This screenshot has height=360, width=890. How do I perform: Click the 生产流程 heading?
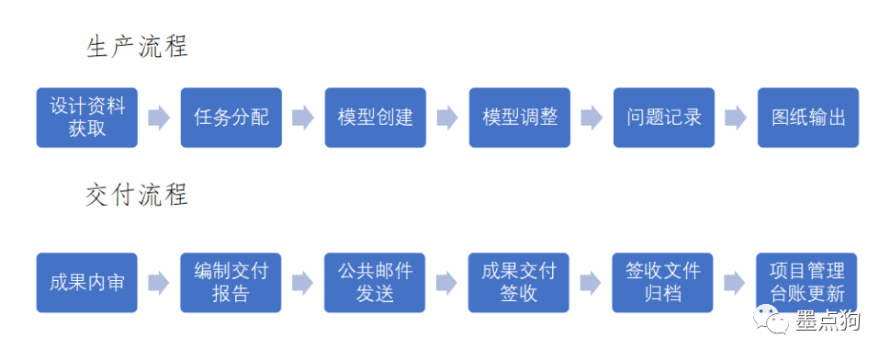[137, 47]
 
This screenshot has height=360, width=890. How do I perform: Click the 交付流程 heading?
[137, 195]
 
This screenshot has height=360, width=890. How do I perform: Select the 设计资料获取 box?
[87, 118]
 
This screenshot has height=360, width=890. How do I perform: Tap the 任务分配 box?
[231, 118]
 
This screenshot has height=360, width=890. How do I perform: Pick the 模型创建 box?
[376, 118]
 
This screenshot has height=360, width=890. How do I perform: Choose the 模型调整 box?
[520, 118]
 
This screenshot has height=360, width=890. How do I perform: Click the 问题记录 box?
[664, 118]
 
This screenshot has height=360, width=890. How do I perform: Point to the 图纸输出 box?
[808, 118]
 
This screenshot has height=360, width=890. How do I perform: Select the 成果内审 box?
[87, 282]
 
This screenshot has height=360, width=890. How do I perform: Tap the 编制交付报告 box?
[231, 282]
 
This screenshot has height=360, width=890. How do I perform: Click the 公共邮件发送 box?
[376, 282]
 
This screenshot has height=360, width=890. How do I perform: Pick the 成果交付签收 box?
[520, 282]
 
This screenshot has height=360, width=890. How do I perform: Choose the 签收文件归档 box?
[664, 282]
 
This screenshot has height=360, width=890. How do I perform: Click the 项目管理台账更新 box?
[807, 282]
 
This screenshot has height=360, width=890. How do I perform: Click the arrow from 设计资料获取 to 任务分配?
[159, 118]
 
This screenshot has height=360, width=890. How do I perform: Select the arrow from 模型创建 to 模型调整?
[447, 118]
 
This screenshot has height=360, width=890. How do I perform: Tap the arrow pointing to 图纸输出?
[736, 118]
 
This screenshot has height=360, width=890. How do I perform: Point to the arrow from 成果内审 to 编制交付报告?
[159, 282]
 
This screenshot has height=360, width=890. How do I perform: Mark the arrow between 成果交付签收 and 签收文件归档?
[591, 282]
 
